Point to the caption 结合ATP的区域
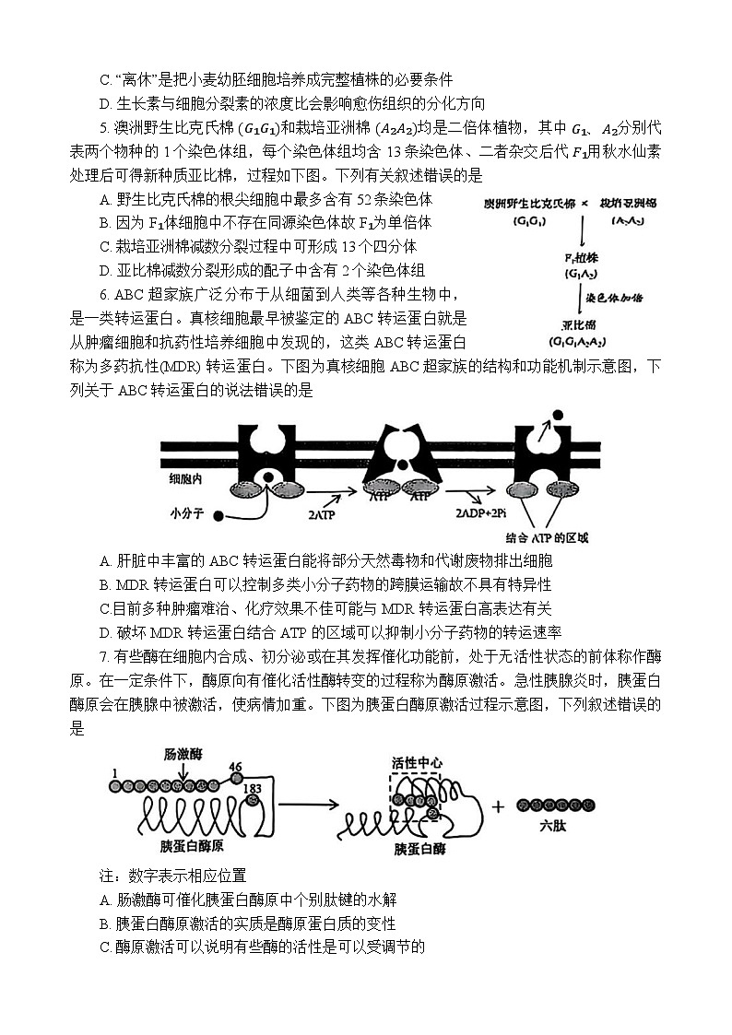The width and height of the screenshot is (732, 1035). click(547, 538)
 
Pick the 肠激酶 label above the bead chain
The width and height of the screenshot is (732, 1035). click(183, 752)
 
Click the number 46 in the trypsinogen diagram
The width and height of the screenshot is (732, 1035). click(235, 767)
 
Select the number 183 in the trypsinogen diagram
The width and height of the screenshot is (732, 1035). click(252, 788)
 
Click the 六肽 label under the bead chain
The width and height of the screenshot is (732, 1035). click(551, 827)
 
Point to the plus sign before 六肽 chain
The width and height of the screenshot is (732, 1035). click(499, 806)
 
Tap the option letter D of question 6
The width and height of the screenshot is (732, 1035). click(103, 631)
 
